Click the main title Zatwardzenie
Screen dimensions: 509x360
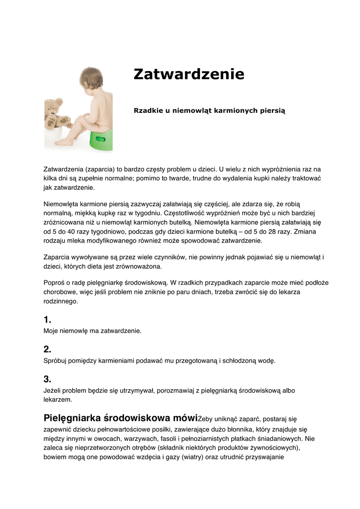189,75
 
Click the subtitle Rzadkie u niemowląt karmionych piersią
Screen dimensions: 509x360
209,110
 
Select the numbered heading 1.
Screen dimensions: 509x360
47,320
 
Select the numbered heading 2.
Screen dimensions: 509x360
47,349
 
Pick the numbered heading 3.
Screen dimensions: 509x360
47,379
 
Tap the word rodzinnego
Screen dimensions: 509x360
61,301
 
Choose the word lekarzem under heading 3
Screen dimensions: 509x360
58,399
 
